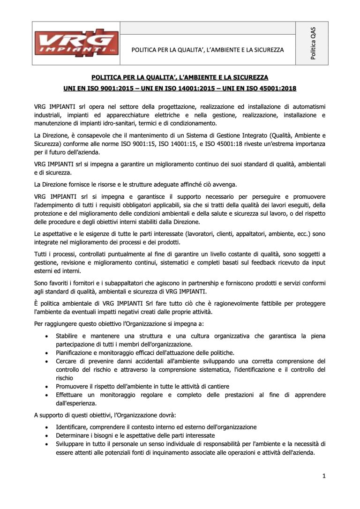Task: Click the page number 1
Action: click(324, 477)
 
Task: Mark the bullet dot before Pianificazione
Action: click(45, 352)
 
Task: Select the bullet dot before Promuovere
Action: click(45, 386)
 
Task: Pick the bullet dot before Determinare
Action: click(45, 436)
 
